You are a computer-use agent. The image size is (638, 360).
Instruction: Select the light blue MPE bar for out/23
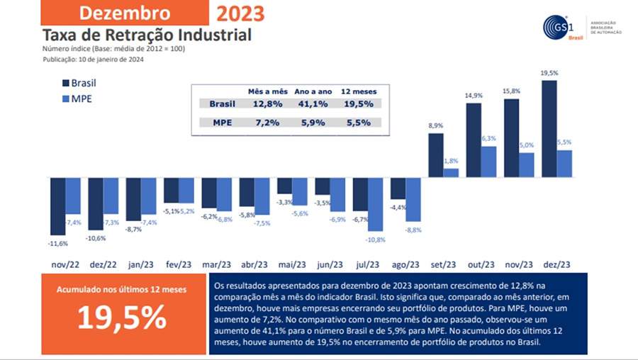(489, 161)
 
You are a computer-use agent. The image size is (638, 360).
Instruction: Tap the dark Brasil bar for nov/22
(57, 205)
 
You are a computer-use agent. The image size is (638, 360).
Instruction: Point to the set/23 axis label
(443, 264)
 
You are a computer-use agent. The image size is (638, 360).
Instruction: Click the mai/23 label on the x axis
(291, 264)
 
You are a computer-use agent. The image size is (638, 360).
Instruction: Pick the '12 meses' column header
(359, 91)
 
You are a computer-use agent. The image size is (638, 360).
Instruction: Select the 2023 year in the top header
(240, 13)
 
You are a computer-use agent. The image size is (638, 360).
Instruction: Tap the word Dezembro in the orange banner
(125, 13)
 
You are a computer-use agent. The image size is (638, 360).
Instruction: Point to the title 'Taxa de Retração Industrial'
(147, 35)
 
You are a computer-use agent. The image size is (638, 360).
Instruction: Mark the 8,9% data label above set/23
(436, 125)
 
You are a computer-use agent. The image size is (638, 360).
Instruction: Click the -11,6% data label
(58, 243)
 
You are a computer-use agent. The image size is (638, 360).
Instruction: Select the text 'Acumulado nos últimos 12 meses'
(121, 291)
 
